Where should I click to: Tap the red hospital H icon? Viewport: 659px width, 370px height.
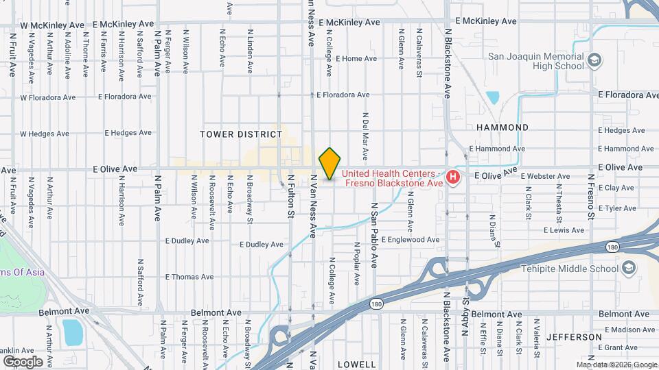coord(453,178)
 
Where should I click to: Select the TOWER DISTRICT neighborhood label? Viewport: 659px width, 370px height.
coord(241,134)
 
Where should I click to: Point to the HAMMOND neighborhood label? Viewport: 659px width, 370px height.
coord(502,127)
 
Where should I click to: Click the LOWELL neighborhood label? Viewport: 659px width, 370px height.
coord(356,365)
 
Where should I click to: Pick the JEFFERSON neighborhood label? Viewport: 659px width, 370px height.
coord(574,337)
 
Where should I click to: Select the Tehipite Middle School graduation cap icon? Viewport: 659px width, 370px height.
coord(628,269)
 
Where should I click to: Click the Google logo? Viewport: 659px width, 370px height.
coord(23,361)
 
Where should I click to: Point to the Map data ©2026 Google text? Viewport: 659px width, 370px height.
coord(616,365)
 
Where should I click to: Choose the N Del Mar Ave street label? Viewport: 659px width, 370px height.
coord(365,136)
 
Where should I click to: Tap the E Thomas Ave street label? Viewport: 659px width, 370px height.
coord(190,277)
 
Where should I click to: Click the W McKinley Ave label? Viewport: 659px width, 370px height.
coord(53,25)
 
